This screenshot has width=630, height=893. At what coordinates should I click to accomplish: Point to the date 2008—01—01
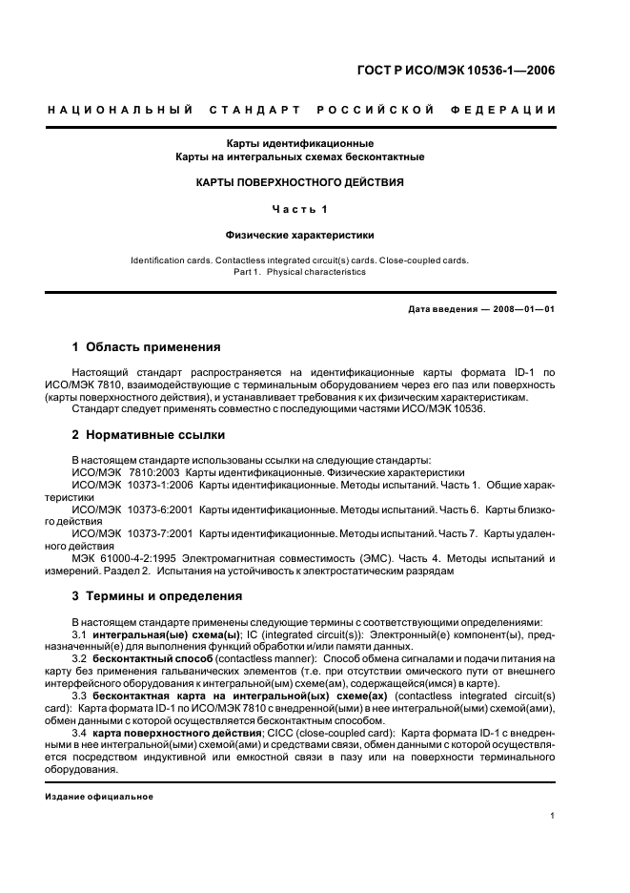click(x=521, y=309)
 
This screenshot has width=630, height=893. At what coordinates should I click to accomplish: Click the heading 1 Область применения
click(x=147, y=347)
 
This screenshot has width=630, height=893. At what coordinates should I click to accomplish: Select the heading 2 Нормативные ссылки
click(x=149, y=435)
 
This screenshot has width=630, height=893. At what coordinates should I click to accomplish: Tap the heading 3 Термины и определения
click(x=157, y=596)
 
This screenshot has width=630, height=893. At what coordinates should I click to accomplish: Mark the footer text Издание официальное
click(x=99, y=797)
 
